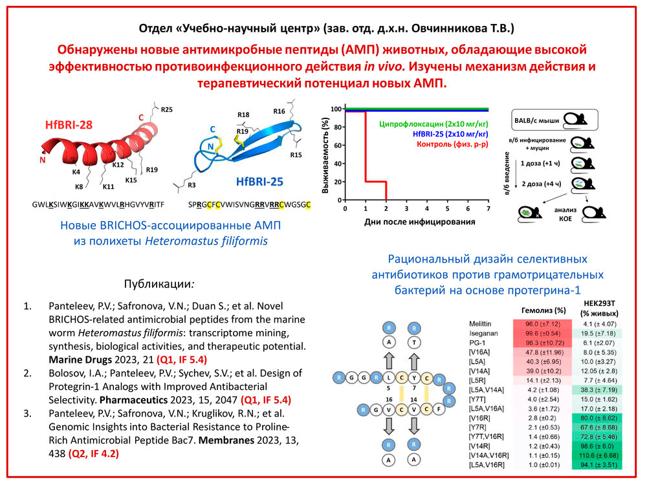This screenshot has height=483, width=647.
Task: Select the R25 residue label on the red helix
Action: click(x=167, y=110)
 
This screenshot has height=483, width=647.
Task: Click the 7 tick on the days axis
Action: click(x=487, y=211)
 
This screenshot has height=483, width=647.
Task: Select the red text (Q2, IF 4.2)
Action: click(x=94, y=453)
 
